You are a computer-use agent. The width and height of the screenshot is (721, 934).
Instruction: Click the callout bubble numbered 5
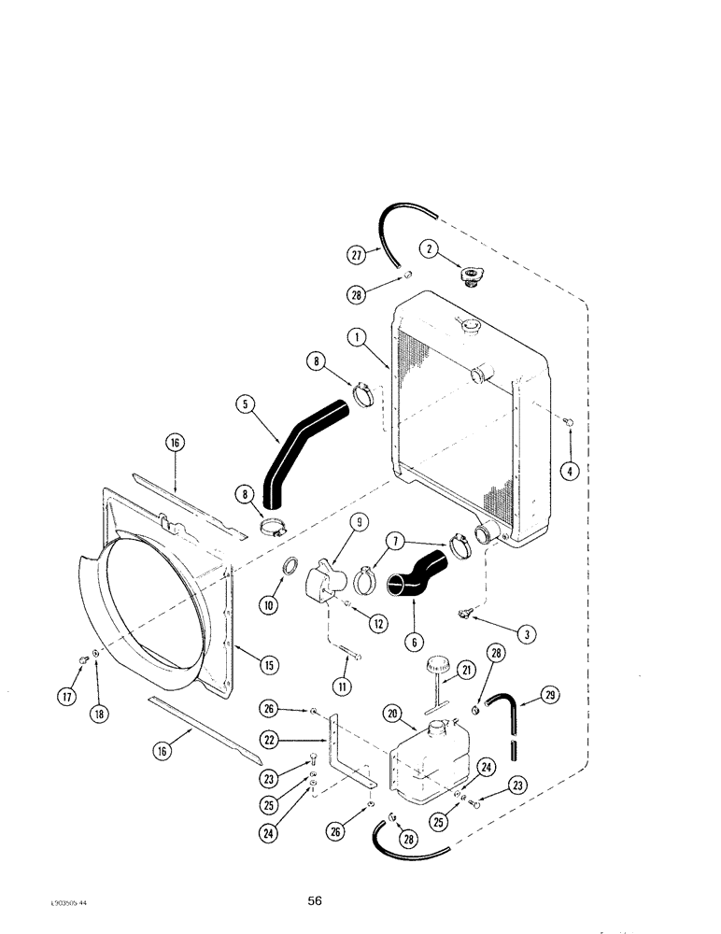coord(246,405)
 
